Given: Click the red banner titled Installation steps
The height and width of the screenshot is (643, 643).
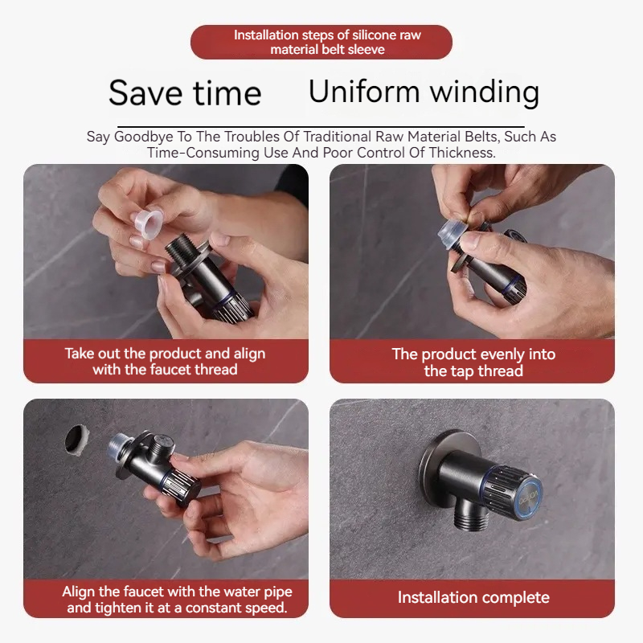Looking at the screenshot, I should click(321, 42).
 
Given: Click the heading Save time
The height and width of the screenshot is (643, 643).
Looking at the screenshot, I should click(185, 93).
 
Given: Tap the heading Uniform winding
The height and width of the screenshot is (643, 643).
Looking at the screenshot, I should click(424, 92).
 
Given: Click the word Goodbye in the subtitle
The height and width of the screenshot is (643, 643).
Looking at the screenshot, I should click(142, 137).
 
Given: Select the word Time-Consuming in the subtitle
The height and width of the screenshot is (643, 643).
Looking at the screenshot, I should click(198, 153).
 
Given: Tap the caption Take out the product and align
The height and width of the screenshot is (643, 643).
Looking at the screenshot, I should click(165, 354).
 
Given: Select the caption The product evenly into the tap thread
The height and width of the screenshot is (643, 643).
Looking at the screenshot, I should click(473, 362).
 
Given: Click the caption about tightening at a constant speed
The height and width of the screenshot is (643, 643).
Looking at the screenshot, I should click(177, 600).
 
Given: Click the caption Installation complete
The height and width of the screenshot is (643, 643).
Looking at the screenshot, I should click(473, 597).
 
